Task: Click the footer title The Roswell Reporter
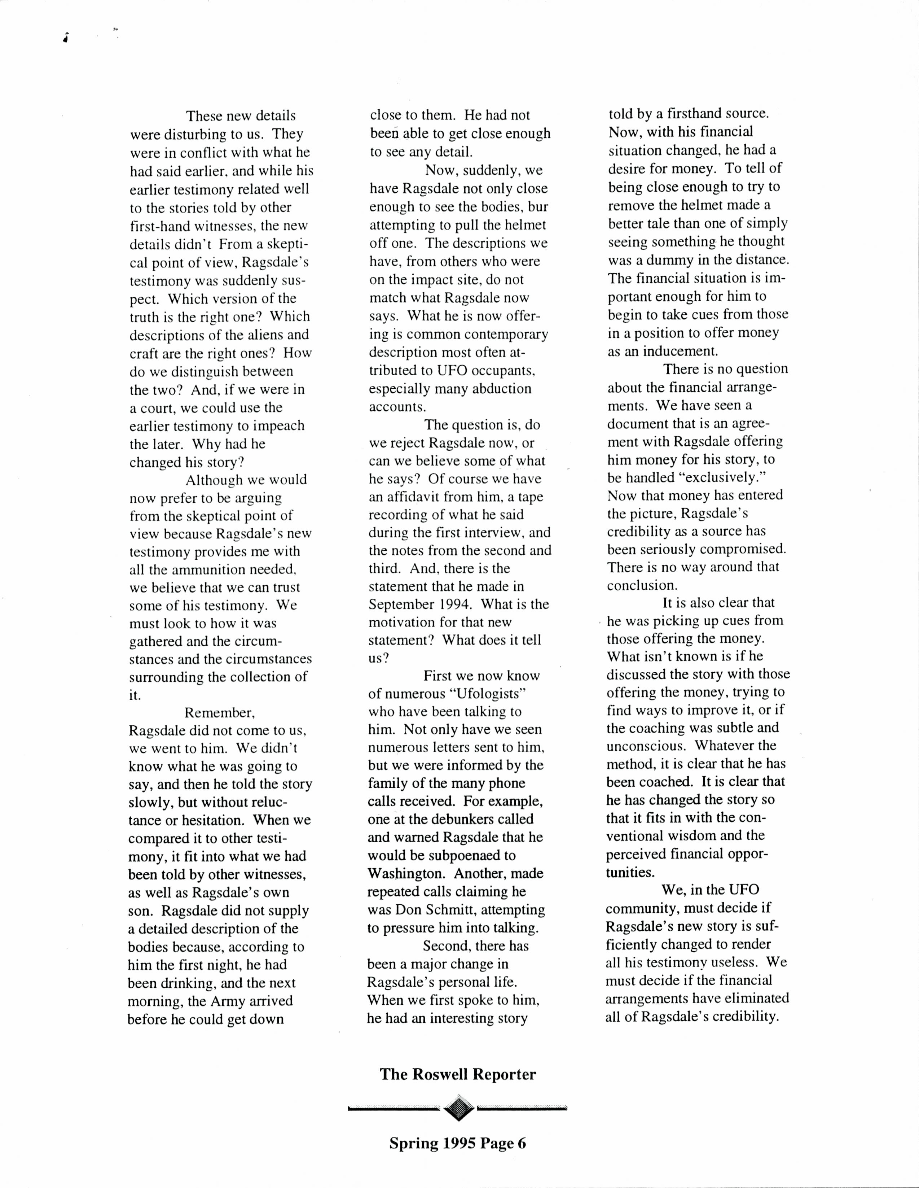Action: pyautogui.click(x=458, y=1074)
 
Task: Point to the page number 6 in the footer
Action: pyautogui.click(x=522, y=1143)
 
